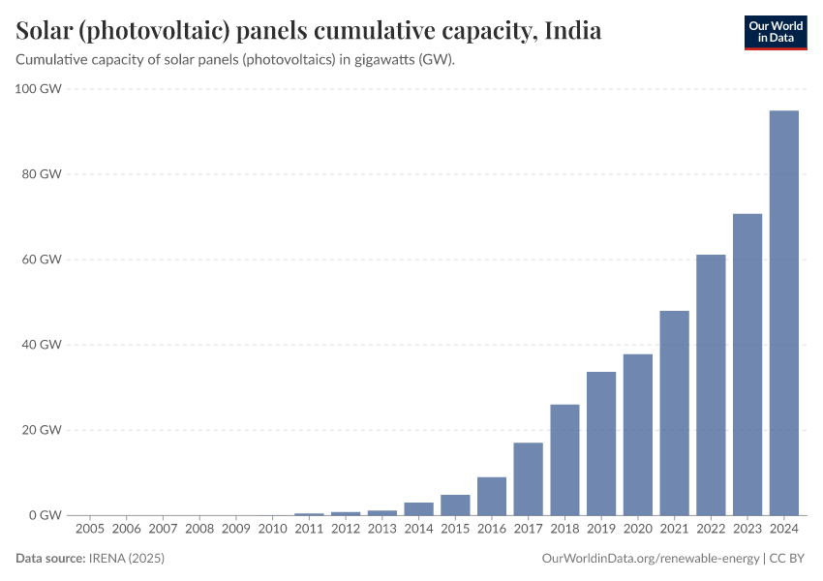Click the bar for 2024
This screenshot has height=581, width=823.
(x=783, y=313)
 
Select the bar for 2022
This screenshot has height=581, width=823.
(x=711, y=384)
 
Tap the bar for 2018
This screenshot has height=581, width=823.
(x=564, y=459)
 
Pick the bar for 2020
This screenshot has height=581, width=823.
(x=637, y=434)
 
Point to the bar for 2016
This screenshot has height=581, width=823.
(x=492, y=496)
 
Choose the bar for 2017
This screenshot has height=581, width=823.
(x=528, y=478)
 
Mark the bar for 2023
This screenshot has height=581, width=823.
(x=747, y=364)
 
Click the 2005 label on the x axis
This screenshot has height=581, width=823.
(x=89, y=530)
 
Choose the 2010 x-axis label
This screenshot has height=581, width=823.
(x=273, y=530)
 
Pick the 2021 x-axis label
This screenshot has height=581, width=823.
(x=674, y=530)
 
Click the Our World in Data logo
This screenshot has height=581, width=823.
(x=775, y=31)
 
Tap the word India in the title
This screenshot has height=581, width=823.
(x=572, y=31)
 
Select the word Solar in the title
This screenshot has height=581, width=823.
(x=46, y=31)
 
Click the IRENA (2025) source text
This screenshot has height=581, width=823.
(x=128, y=559)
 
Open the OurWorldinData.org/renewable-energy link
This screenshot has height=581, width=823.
(x=649, y=559)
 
